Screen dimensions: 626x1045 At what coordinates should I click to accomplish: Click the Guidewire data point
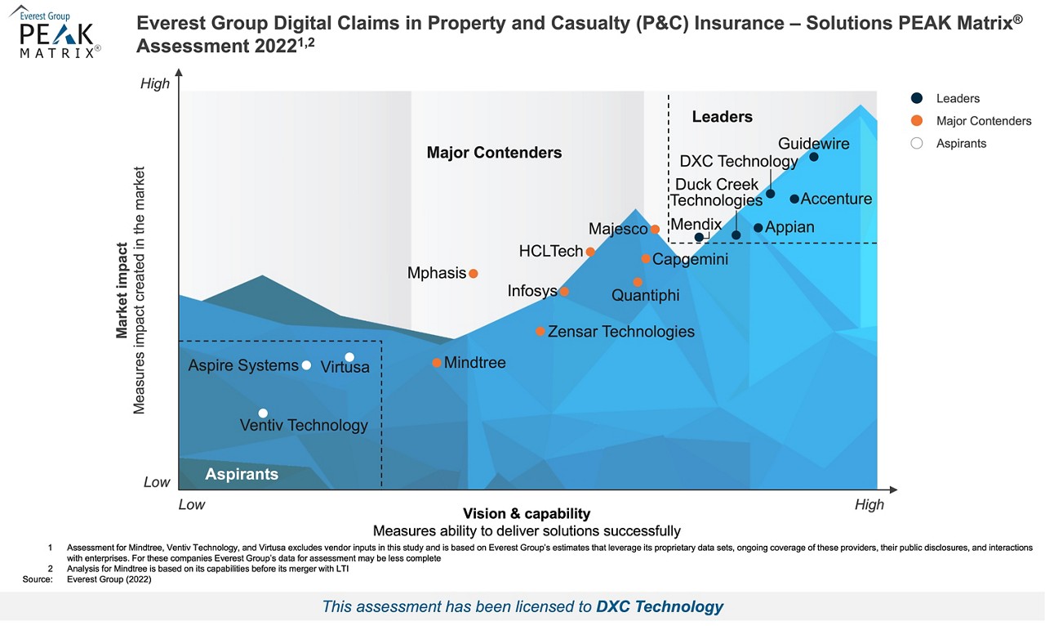(814, 157)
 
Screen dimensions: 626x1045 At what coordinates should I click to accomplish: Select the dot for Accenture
(794, 199)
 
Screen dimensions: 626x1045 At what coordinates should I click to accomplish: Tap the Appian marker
(758, 228)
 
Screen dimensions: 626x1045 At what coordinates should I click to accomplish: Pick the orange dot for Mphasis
(473, 274)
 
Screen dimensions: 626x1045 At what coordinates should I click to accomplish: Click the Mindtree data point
(437, 363)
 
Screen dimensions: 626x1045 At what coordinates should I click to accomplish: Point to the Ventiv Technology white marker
(263, 414)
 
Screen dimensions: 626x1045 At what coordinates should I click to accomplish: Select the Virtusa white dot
(349, 357)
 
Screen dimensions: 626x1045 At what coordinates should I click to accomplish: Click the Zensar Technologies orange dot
(540, 332)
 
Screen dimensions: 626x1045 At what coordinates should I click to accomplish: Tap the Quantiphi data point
(638, 283)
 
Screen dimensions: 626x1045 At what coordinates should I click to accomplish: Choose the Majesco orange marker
(655, 230)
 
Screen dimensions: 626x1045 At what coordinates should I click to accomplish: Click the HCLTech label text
(551, 252)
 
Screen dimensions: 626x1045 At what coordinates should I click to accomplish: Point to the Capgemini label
(690, 260)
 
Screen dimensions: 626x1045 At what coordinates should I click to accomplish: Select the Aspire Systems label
(243, 366)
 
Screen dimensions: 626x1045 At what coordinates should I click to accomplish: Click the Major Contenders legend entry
(983, 121)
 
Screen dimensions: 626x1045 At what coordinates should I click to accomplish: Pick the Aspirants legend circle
(917, 144)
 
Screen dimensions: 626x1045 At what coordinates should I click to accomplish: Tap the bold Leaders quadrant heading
(722, 117)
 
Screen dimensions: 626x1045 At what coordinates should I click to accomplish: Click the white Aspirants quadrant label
(242, 474)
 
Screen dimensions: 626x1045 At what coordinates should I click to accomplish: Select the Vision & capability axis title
(527, 514)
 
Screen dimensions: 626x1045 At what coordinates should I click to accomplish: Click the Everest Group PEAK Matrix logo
(56, 34)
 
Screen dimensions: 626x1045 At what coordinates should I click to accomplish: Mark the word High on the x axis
(869, 505)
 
